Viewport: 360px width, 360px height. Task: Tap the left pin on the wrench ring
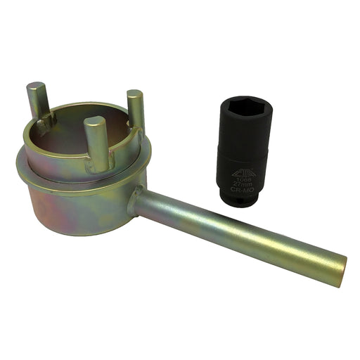click(x=36, y=106)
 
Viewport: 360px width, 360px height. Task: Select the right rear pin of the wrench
click(x=135, y=109)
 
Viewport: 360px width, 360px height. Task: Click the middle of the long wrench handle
click(x=239, y=233)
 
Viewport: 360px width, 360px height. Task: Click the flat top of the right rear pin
click(x=135, y=94)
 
